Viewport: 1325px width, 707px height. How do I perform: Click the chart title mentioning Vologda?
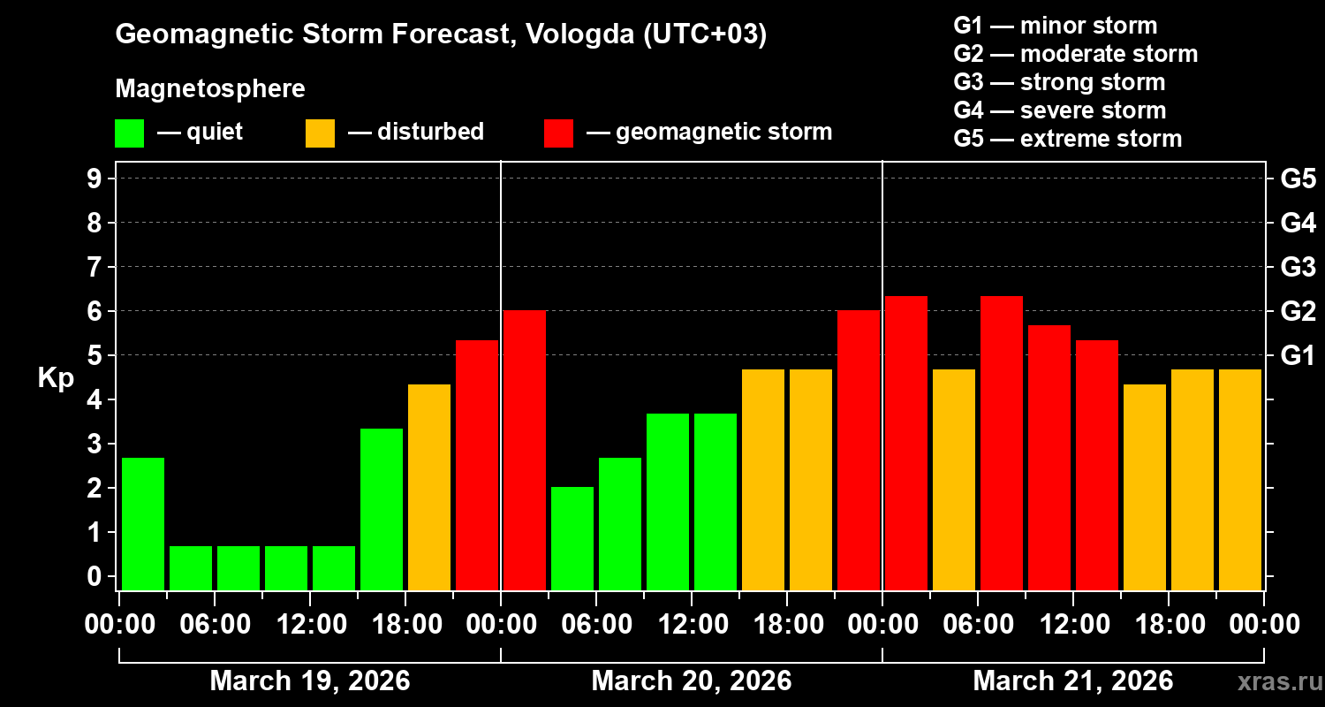(x=441, y=35)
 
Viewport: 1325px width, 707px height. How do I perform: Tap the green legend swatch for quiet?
(x=129, y=133)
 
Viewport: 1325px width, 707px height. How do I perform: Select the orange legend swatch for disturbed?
(x=320, y=133)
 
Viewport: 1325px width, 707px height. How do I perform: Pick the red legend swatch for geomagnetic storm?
(x=558, y=133)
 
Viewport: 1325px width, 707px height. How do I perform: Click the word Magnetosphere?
(x=210, y=89)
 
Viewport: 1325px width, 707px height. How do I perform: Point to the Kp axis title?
(x=56, y=378)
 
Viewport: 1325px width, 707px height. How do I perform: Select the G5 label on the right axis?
(x=1298, y=179)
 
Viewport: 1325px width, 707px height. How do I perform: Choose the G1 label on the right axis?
(x=1298, y=356)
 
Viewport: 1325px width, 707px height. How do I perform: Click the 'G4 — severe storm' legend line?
(x=1060, y=110)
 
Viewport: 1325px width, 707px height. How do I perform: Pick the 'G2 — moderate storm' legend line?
(x=1076, y=54)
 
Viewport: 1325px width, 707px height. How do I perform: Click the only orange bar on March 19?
(x=429, y=486)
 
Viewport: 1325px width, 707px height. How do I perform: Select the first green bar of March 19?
(x=143, y=523)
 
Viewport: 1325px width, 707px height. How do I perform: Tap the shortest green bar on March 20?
(x=572, y=537)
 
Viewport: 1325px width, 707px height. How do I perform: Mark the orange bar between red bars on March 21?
(x=954, y=479)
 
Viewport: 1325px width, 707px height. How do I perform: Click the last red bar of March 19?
(x=477, y=464)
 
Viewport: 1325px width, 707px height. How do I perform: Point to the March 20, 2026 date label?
(x=692, y=681)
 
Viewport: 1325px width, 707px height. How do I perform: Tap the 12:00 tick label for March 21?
(x=1072, y=625)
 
